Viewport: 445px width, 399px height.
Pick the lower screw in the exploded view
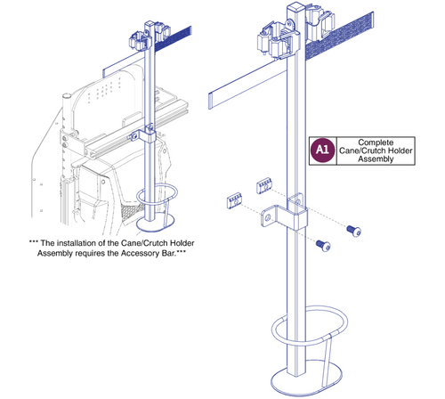[x=322, y=245]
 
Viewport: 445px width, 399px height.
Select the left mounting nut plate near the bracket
[x=233, y=199]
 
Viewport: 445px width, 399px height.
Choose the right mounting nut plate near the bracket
[x=264, y=184]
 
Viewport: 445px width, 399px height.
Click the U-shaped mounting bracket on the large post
[x=285, y=215]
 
